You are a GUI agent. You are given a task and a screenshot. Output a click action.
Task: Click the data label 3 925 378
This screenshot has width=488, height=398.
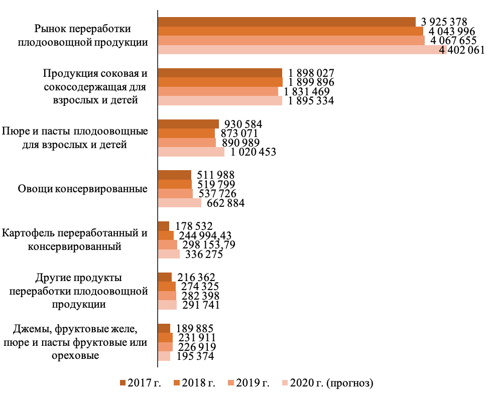444,22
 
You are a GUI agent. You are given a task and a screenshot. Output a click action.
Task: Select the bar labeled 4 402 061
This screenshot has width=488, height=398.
301,50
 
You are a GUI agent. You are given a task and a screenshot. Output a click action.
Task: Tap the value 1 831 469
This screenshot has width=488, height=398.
307,92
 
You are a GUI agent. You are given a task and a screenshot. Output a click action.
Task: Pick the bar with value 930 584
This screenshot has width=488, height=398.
188,124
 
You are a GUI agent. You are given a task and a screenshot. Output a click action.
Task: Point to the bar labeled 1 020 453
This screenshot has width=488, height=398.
191,152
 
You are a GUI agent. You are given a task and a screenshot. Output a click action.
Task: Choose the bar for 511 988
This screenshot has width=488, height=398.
175,175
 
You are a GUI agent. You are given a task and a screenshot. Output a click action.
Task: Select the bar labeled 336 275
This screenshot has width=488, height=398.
169,254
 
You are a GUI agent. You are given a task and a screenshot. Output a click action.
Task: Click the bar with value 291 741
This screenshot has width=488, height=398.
167,305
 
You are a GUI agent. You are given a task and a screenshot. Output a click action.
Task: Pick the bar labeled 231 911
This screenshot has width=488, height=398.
165,337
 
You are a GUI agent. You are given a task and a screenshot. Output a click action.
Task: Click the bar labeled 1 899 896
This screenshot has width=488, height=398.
220,82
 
